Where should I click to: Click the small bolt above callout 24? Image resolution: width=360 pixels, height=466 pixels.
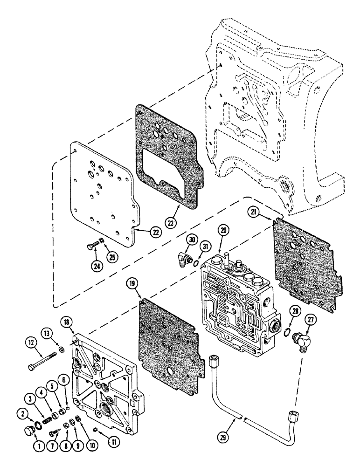[92, 242]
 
